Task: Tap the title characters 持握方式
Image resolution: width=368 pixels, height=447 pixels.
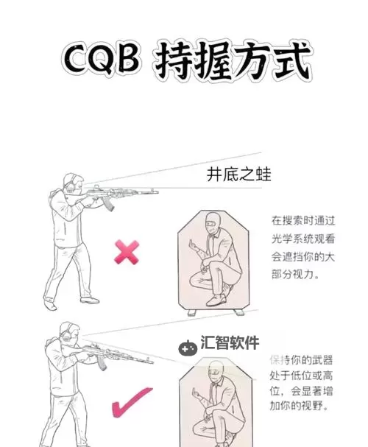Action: (232, 63)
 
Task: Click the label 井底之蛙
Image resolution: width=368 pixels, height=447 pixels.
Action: (238, 175)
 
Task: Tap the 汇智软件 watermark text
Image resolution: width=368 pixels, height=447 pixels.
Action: (230, 342)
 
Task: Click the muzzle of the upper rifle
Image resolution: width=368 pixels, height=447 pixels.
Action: (154, 192)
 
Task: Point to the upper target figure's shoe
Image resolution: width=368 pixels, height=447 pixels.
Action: (216, 299)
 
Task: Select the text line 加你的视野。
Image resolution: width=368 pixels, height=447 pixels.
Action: (299, 406)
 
